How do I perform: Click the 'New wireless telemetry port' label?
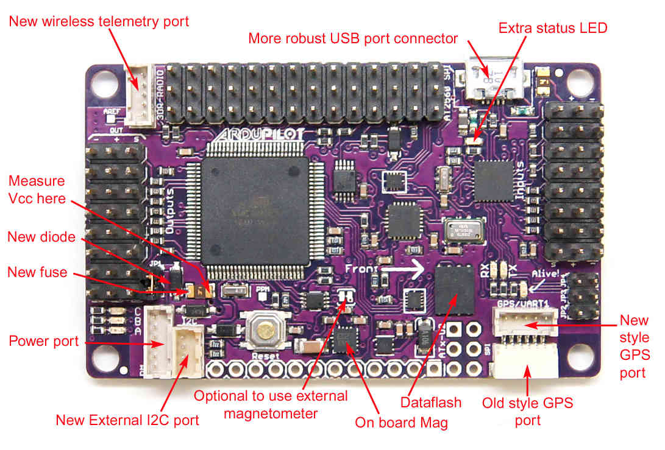click(x=99, y=21)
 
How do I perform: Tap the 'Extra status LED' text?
click(x=553, y=28)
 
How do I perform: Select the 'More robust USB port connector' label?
click(x=353, y=39)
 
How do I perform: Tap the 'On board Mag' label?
click(x=401, y=422)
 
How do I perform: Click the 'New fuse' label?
click(x=37, y=272)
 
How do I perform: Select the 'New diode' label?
click(x=41, y=236)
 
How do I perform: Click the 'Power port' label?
click(x=44, y=341)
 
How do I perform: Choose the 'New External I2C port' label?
click(x=127, y=420)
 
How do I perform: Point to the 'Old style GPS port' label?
click(x=528, y=411)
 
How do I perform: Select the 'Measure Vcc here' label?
click(x=37, y=189)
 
